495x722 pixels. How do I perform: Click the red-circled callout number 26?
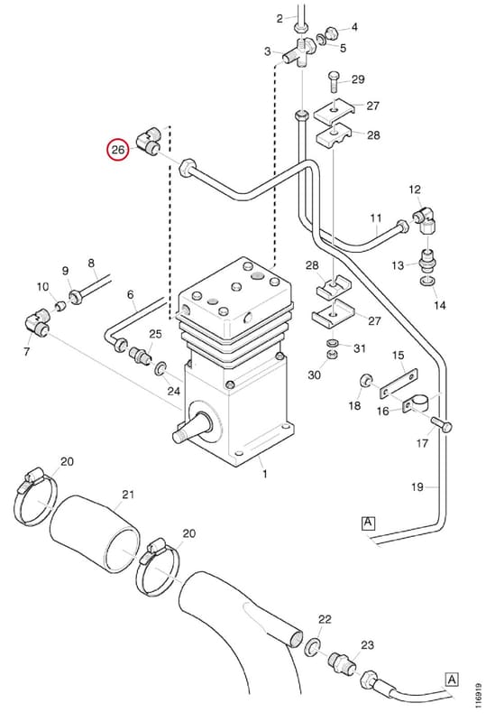tap(118, 150)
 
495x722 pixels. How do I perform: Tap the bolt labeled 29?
tap(334, 82)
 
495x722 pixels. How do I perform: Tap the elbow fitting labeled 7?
tap(37, 322)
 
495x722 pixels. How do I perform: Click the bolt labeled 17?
tap(442, 423)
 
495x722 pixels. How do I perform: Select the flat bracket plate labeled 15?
tap(399, 383)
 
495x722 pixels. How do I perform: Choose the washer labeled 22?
tap(314, 646)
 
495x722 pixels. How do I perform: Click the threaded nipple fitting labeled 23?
tap(341, 662)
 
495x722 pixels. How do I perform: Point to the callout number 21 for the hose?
tap(128, 495)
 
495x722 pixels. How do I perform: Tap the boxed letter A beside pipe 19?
tap(368, 523)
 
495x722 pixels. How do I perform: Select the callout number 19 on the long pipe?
tap(417, 486)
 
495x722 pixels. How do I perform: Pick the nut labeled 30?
tap(332, 355)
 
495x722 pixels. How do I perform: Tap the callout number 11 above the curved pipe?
tap(376, 218)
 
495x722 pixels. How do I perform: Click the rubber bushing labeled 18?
tap(366, 381)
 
